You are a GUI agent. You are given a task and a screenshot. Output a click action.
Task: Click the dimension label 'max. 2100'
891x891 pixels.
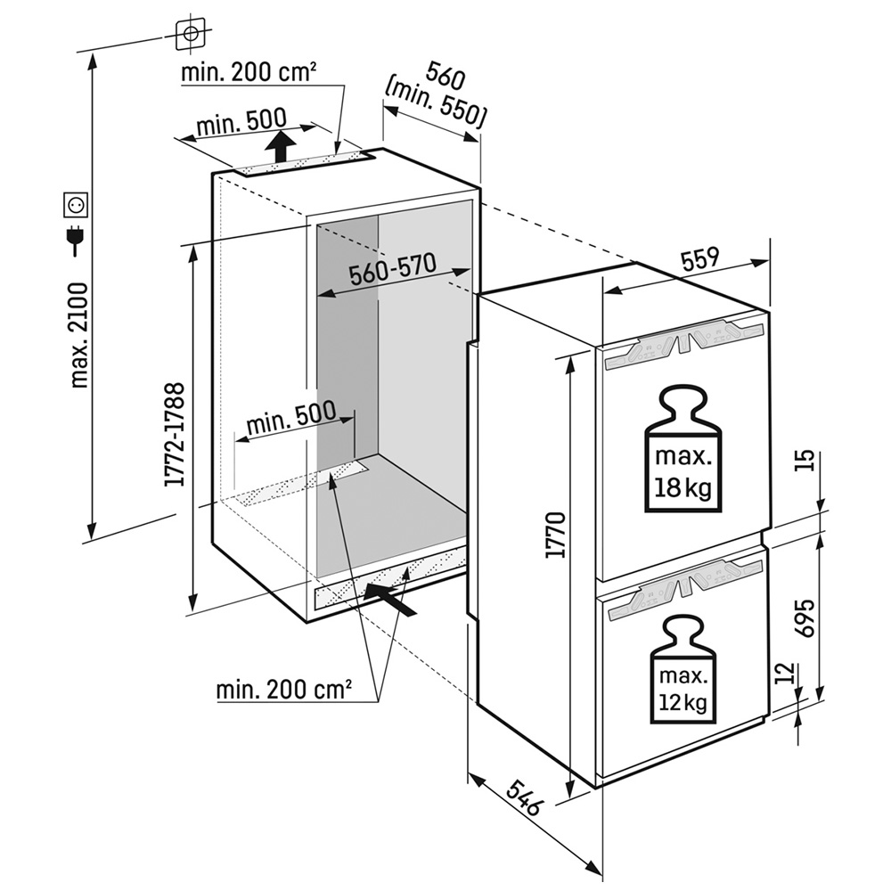point(79,334)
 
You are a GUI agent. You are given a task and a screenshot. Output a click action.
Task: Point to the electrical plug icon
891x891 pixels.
point(75,241)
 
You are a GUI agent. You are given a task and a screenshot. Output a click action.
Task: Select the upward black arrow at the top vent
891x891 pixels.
point(282,145)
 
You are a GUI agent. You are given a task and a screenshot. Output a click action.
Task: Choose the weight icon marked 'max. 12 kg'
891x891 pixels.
point(683,669)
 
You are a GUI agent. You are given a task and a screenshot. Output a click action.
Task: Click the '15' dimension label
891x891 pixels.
point(805,461)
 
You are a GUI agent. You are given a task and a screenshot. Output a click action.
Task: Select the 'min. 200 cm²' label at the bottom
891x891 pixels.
point(283,688)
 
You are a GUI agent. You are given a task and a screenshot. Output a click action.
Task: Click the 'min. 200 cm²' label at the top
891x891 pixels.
point(249,72)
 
